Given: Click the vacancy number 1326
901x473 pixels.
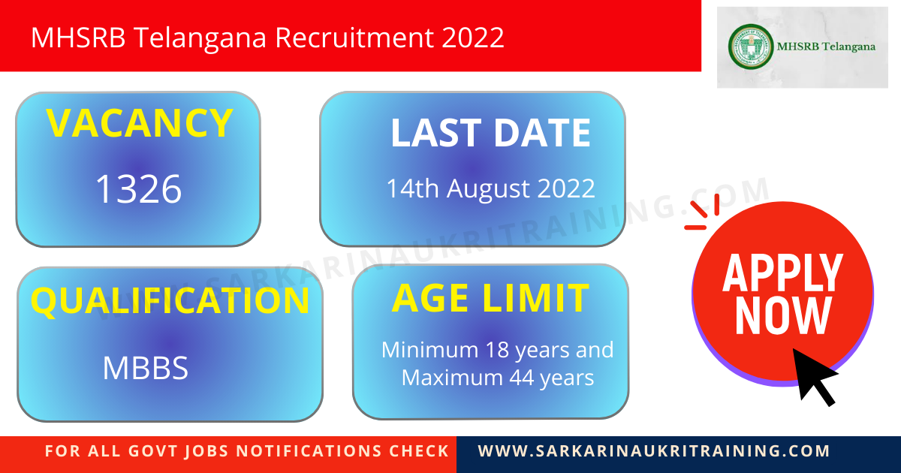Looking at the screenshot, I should (138, 189).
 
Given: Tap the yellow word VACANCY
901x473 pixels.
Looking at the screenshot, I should (139, 124).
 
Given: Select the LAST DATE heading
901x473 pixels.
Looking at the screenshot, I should (490, 133).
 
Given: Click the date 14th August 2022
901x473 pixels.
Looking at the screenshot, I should (490, 188).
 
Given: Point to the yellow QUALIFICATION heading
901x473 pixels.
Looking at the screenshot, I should (170, 301).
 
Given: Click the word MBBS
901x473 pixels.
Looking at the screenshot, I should (145, 368).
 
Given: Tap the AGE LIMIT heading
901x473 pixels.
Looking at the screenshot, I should (490, 298).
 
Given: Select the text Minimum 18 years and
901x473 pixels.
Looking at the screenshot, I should (497, 350).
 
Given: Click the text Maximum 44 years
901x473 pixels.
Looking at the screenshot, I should (497, 377).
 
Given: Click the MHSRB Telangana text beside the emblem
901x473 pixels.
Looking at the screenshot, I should (826, 47).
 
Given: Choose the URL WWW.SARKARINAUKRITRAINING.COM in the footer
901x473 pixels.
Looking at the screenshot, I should (654, 451).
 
